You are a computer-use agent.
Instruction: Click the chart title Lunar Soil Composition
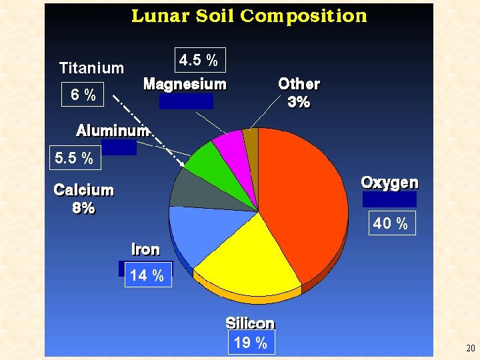(249, 16)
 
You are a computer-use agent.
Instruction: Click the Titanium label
(91, 68)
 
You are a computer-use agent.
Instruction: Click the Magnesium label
(185, 85)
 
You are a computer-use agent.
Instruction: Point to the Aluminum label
(111, 131)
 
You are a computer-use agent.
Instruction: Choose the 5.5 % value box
(74, 159)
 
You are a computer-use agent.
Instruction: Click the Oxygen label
(389, 183)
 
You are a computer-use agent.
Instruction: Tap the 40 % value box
(390, 223)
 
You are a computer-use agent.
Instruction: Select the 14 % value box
(147, 275)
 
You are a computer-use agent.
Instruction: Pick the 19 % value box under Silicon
(251, 343)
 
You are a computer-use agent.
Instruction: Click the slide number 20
(470, 349)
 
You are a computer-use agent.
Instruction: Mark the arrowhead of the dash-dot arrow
(183, 163)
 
